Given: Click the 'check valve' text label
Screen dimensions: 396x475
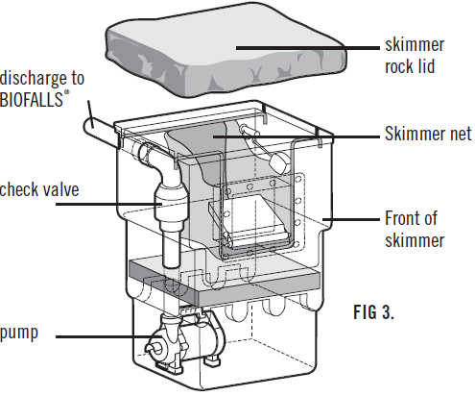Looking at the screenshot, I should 39,189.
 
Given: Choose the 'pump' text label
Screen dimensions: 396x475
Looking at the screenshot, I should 20,335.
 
